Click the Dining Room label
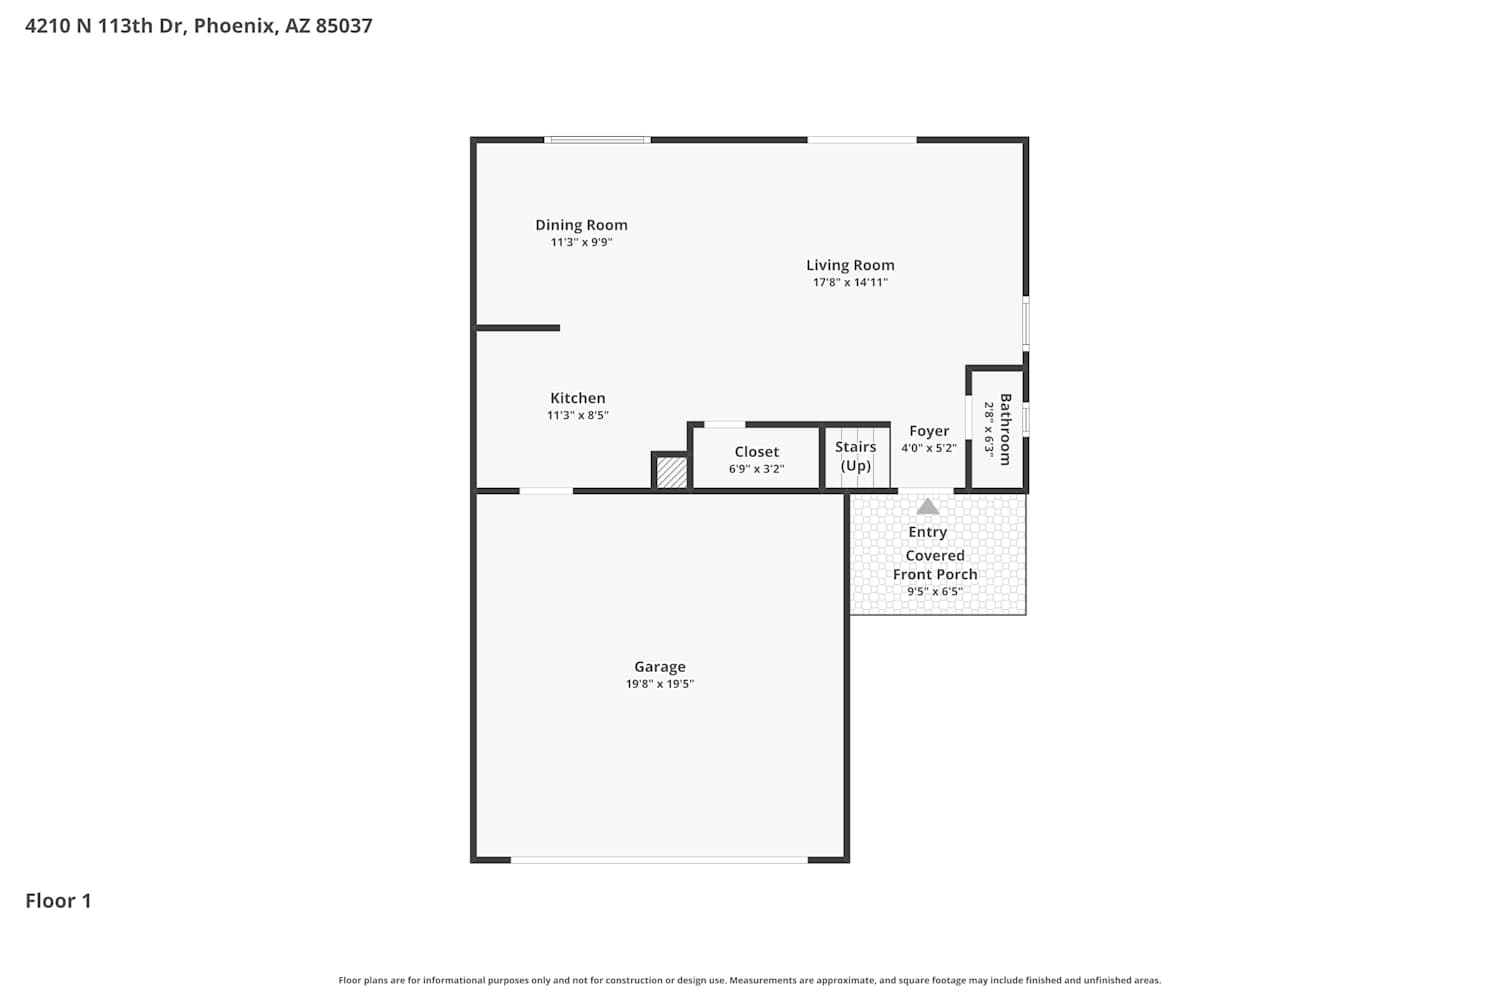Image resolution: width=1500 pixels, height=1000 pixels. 581,225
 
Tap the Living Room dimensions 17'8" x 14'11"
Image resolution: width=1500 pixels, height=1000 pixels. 850,283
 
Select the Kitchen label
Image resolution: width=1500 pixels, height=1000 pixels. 578,398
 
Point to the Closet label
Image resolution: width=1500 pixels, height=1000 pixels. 757,452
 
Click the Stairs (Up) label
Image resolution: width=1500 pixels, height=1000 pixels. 856,456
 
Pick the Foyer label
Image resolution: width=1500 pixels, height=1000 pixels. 929,431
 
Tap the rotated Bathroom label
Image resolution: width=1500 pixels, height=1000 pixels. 1005,429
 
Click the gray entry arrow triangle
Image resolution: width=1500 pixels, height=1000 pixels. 927,506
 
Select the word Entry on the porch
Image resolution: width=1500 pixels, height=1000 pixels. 927,532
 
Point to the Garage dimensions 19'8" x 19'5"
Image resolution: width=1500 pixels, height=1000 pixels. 660,684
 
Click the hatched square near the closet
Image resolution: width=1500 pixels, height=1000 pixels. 671,473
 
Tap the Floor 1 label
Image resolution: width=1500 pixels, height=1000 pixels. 58,901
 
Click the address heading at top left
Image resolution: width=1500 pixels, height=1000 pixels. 199,25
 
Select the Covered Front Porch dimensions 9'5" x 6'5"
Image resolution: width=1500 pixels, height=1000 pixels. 935,591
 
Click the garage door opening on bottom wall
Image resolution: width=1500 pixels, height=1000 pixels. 660,860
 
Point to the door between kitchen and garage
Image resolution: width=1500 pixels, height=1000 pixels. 546,491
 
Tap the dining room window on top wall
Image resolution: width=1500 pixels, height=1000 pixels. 597,140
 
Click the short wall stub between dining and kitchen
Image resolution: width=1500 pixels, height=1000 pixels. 518,328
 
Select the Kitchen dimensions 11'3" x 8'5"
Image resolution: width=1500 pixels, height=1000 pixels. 578,415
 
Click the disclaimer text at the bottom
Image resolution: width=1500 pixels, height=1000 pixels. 750,981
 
